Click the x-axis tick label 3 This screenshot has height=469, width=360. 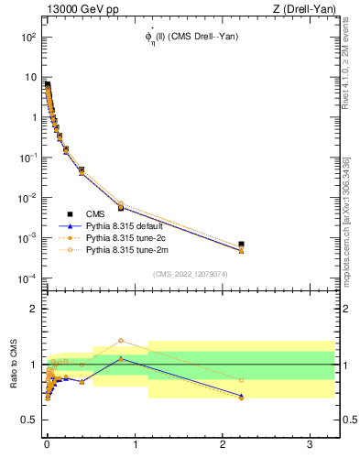[311, 442]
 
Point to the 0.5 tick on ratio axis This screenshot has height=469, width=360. [28, 420]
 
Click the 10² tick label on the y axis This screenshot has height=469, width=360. [27, 38]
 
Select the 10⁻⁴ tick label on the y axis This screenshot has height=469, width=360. [27, 278]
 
